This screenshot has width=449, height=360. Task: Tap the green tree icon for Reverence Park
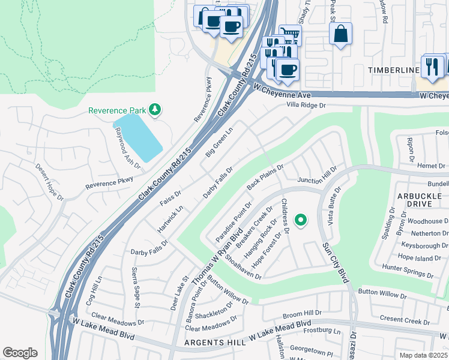[155, 109]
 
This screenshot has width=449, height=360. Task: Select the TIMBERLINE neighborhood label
[393, 70]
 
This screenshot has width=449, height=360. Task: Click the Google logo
[20, 353]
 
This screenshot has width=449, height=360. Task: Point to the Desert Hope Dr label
[49, 178]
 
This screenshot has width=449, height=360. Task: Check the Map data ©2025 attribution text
[422, 355]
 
